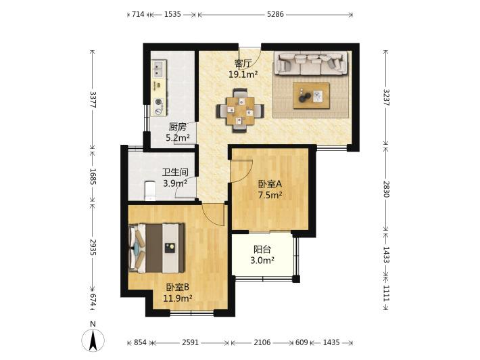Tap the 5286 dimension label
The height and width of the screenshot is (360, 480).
275,14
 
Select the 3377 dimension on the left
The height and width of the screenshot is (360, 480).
93,99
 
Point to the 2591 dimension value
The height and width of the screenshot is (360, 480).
190,342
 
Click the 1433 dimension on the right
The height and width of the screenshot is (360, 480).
386,255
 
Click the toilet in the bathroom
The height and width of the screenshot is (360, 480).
149,191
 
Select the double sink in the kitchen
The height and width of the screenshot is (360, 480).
159,69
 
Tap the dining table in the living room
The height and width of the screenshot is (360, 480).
240,110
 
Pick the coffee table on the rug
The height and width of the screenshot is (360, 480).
311,95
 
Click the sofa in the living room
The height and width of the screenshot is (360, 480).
311,64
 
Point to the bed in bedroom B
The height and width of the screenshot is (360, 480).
157,248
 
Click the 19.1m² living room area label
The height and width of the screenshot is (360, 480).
243,74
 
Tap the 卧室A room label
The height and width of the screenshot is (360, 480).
270,184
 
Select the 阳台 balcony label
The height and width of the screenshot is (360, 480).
262,250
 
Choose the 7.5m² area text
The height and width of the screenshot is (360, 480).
270,195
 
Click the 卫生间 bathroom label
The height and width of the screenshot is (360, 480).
175,173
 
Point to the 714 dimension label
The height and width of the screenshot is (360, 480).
138,14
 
